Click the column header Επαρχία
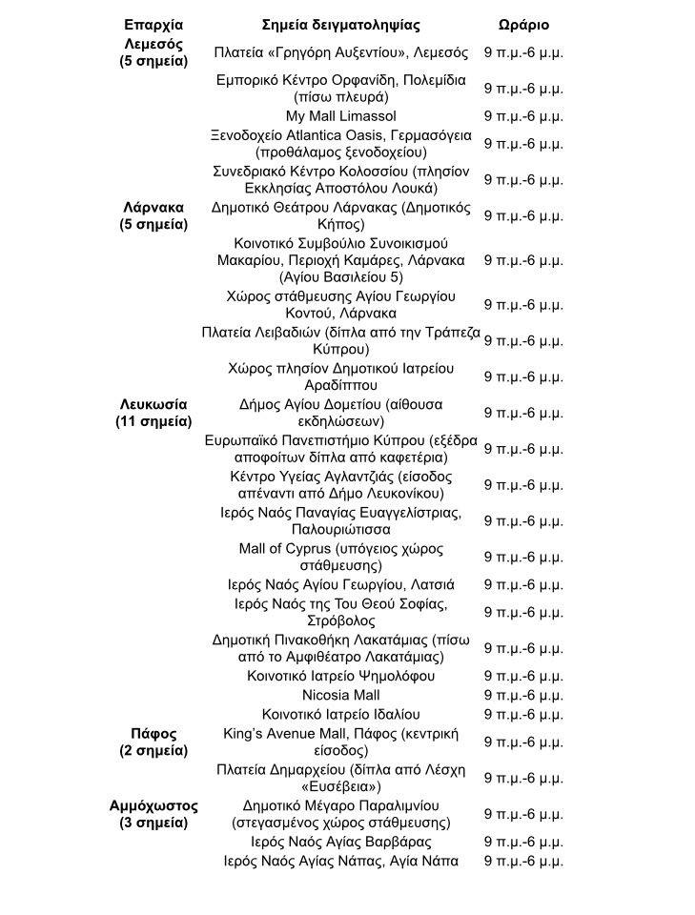153,25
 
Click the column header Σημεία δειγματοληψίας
340,25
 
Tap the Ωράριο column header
523,25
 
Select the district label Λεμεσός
153,44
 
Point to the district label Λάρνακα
153,207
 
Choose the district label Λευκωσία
153,404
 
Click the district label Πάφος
153,734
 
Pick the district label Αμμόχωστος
153,805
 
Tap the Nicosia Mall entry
340,695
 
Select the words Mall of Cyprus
285,549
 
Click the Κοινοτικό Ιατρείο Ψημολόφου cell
340,676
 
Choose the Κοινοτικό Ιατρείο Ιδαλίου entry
340,714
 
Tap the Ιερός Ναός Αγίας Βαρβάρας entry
340,842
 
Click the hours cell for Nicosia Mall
523,695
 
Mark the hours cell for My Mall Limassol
523,116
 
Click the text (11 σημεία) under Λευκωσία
153,421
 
